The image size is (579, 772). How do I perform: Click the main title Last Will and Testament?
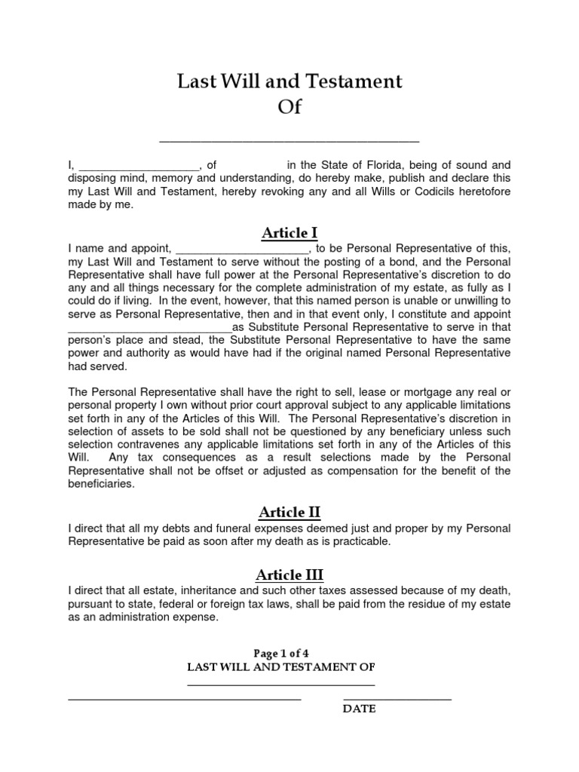[x=289, y=81]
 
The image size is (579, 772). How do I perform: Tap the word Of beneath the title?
[x=289, y=107]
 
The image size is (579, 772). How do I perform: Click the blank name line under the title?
[x=289, y=140]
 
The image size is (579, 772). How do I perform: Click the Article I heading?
[x=289, y=232]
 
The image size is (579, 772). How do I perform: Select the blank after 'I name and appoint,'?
[x=242, y=250]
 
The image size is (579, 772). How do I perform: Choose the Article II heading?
[x=289, y=513]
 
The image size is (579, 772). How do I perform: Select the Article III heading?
[x=289, y=575]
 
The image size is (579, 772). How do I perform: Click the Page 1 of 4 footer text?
[x=289, y=653]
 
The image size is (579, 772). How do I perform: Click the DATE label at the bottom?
[x=360, y=709]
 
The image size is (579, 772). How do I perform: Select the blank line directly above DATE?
[x=397, y=700]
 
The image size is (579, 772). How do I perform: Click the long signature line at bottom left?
[x=185, y=700]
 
